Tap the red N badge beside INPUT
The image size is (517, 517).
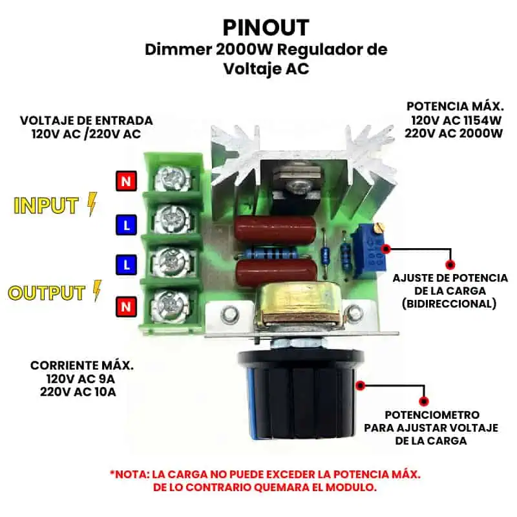126,181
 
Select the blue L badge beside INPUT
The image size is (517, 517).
126,225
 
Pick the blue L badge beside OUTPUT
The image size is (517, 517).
126,265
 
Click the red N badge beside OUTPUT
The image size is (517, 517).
126,306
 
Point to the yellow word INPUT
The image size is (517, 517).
46,206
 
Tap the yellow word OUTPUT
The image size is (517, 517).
47,293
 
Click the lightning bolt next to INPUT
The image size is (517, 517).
92,204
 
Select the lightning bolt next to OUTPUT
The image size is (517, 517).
98,291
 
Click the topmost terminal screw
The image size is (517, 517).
172,180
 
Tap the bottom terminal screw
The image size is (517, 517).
171,305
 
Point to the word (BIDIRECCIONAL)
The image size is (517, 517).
449,304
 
